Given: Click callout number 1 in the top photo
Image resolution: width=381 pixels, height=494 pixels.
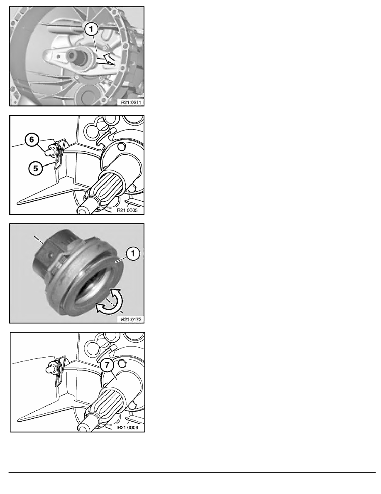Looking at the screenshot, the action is click(91, 29).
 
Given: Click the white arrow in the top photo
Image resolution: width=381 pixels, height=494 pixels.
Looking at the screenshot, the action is click(105, 59).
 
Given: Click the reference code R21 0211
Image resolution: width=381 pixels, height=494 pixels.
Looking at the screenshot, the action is click(131, 102).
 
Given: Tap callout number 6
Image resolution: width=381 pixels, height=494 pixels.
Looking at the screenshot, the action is click(32, 140).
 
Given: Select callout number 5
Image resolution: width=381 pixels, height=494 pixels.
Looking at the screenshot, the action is click(36, 168).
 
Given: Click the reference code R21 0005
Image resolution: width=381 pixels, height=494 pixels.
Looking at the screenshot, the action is click(127, 210).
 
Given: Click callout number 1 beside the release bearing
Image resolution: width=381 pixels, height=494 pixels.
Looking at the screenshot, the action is click(133, 254).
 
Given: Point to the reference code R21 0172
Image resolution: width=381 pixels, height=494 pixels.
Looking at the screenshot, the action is click(131, 319).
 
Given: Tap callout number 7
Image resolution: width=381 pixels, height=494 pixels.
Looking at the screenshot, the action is click(107, 365).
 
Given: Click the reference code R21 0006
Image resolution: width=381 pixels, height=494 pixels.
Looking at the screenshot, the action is click(128, 427).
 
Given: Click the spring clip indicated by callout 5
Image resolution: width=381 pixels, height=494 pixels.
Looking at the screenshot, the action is click(60, 154).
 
